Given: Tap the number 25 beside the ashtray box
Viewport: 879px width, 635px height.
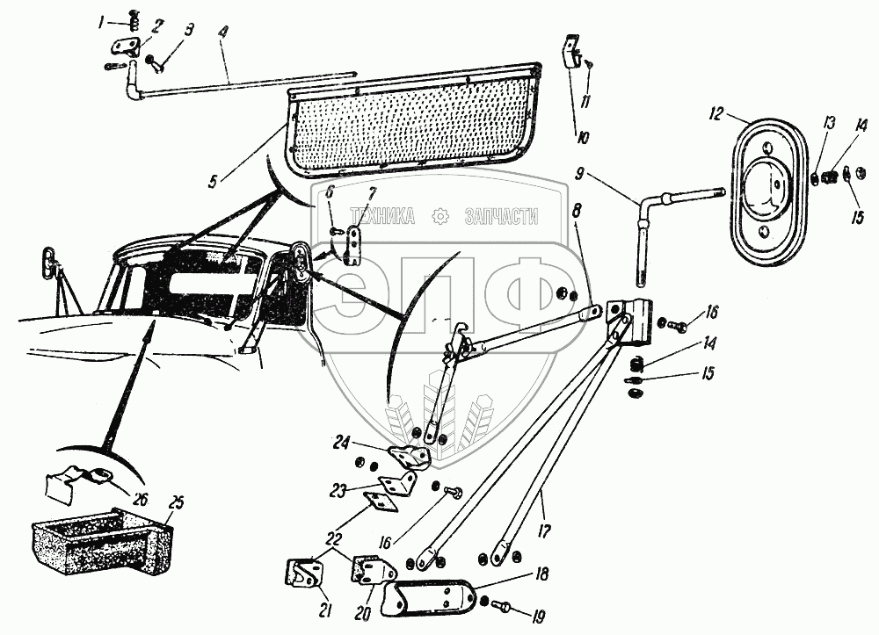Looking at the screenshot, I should point(176,503).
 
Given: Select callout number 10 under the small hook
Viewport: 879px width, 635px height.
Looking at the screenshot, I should point(581,135).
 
